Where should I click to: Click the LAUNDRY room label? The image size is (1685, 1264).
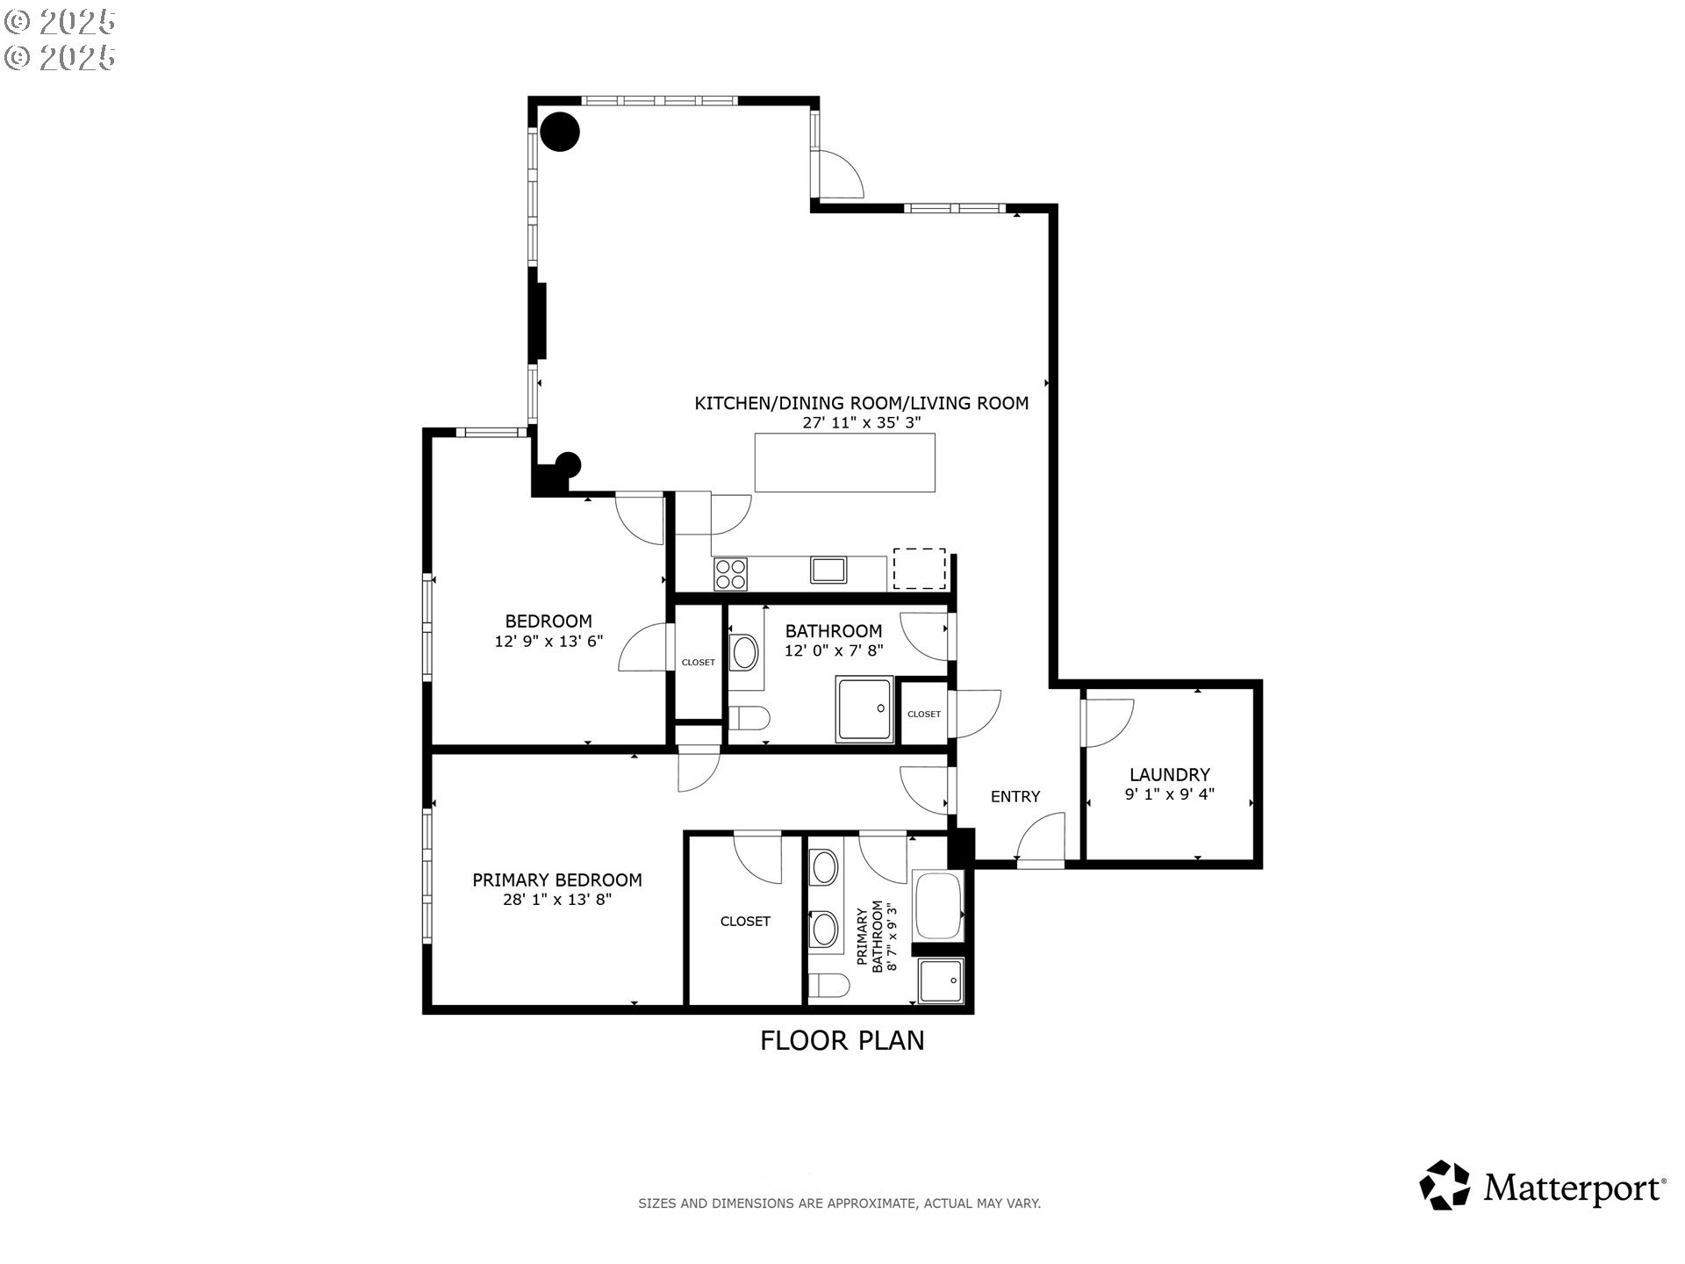tap(1169, 774)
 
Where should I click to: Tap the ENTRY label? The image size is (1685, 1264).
tap(1015, 796)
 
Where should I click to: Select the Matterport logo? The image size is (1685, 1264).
tap(1543, 1187)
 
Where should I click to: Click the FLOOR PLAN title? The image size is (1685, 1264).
tap(842, 1040)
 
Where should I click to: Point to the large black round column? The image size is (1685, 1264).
tap(560, 132)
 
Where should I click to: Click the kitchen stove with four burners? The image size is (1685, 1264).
tap(730, 573)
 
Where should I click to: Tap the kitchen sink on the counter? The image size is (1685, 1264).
tap(828, 570)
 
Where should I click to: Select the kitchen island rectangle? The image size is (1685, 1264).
tap(845, 463)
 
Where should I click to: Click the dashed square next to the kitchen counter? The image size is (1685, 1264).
tap(920, 569)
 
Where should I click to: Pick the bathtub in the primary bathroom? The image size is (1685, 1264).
tap(939, 906)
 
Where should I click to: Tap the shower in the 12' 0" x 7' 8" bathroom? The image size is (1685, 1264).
tap(865, 708)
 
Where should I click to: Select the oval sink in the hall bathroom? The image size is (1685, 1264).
tap(746, 653)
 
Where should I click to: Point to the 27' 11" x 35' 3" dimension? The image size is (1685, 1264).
tap(862, 422)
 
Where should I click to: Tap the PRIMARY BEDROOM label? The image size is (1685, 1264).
tap(557, 880)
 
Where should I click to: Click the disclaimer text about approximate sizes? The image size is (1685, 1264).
tap(839, 1203)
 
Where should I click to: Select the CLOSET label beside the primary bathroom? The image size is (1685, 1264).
tap(745, 921)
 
